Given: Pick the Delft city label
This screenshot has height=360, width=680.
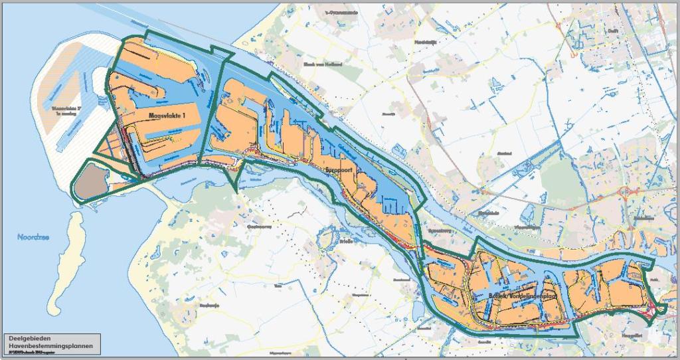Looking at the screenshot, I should (x=613, y=31).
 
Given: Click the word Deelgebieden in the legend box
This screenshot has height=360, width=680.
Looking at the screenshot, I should (x=29, y=338).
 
